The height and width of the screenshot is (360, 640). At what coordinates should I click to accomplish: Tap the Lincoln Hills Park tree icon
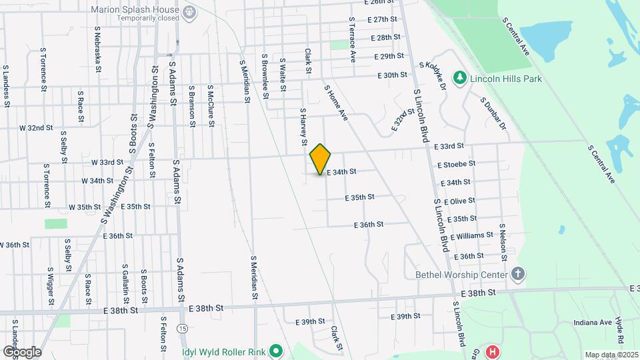click(x=459, y=79)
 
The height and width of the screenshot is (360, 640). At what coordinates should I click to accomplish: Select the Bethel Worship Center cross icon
click(x=519, y=274)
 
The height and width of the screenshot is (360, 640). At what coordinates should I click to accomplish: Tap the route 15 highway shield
click(x=182, y=329)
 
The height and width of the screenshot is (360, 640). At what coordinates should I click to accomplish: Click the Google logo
click(x=22, y=351)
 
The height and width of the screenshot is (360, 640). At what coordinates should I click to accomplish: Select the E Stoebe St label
click(x=456, y=163)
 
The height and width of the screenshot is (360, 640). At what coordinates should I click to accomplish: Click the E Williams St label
click(x=471, y=235)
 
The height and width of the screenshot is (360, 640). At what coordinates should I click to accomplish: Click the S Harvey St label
click(x=303, y=127)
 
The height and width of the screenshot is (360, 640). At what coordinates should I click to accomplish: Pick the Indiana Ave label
click(x=593, y=323)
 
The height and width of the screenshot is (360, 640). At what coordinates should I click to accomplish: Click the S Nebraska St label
click(x=98, y=49)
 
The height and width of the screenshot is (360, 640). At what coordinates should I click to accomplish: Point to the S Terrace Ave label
click(x=351, y=39)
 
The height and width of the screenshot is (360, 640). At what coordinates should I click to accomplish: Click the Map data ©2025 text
click(x=611, y=355)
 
